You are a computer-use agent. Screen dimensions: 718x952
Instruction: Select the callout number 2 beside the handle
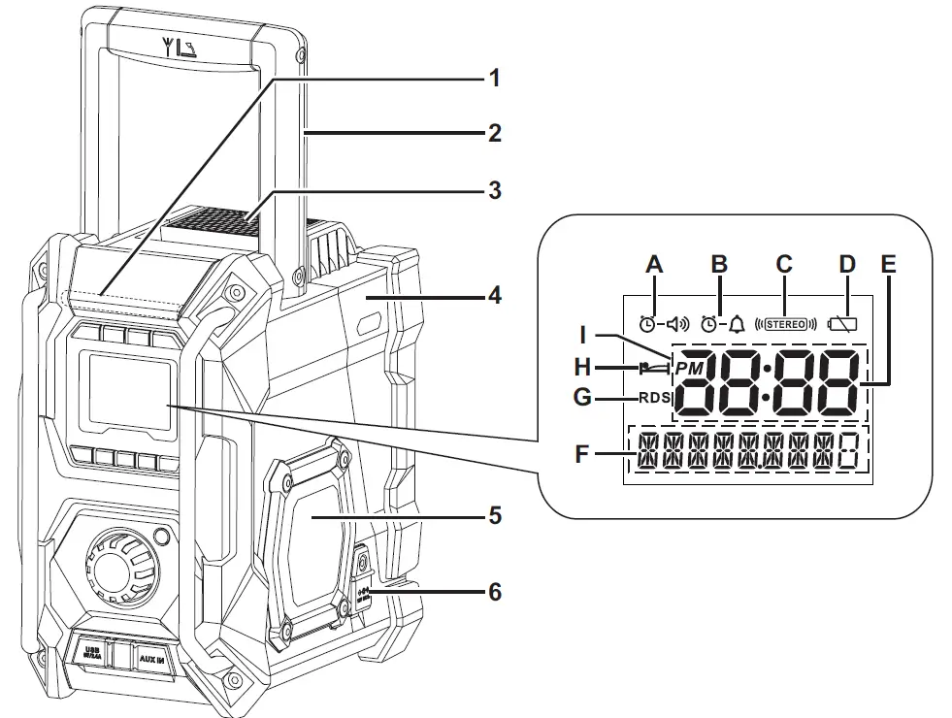495,133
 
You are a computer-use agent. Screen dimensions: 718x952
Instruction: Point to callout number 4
495,293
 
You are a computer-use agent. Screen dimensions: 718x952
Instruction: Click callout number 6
495,590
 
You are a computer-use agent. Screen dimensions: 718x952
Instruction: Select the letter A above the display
654,264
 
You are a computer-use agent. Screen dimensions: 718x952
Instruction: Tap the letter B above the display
719,264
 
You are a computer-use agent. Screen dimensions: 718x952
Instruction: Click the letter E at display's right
890,264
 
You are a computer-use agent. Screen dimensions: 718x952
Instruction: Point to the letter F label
581,453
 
